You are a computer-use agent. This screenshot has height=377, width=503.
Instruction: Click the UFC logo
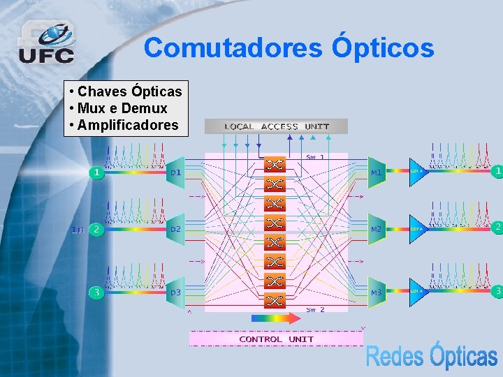coord(46,43)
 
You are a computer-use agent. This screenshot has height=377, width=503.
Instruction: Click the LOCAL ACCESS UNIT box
coord(276,126)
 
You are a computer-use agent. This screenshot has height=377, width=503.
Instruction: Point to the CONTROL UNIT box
coord(277,339)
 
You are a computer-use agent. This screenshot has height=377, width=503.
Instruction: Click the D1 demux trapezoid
coord(175,172)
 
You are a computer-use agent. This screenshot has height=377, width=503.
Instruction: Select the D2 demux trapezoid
coord(175,229)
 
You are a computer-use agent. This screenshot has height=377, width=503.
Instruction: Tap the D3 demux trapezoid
coord(175,291)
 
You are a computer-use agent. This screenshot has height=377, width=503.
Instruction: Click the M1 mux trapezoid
coord(377,172)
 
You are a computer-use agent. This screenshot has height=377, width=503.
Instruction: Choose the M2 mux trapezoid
coord(377,229)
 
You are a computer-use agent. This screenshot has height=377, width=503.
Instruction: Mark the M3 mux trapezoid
coord(377,292)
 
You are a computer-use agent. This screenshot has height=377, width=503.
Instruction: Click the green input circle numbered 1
coord(96,172)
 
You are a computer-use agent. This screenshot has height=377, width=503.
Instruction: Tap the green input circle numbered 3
coord(96,293)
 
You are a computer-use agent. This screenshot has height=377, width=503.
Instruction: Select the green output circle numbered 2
coord(497,228)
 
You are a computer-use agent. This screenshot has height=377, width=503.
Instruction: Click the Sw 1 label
coord(315,157)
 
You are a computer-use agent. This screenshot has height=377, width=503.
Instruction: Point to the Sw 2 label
coord(315,309)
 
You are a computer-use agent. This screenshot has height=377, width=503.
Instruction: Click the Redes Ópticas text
coord(431,356)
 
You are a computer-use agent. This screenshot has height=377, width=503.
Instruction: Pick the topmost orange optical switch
coord(275,165)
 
